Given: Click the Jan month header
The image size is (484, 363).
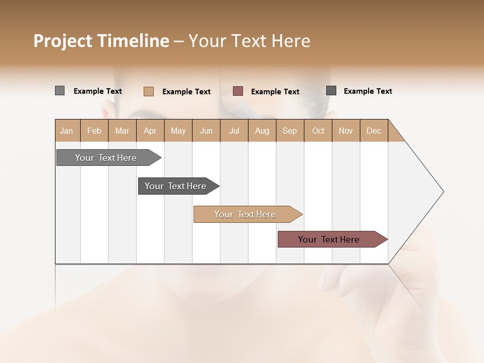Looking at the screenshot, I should [67, 131].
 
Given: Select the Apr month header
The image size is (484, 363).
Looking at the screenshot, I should [150, 131].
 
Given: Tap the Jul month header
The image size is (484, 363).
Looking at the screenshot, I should [234, 131].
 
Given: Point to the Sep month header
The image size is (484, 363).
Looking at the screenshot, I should [290, 131].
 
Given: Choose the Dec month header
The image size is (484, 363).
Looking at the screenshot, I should [374, 131].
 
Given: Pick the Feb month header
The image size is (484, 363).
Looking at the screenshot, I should [94, 131].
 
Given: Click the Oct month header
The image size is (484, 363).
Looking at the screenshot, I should [318, 131].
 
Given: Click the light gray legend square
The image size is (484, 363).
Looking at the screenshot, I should [59, 91].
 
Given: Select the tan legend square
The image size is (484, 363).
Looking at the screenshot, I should [148, 91].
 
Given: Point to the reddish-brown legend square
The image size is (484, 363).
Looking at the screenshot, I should [238, 91].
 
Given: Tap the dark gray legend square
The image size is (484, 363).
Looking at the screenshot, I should [331, 91].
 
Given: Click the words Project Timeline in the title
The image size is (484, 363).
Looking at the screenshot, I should [101, 41].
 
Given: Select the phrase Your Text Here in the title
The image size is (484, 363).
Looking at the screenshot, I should [249, 41].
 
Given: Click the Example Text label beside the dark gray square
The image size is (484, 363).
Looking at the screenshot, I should [368, 91].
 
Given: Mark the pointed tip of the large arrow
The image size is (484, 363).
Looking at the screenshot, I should [443, 192].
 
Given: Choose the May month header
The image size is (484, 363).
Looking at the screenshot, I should [178, 131].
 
